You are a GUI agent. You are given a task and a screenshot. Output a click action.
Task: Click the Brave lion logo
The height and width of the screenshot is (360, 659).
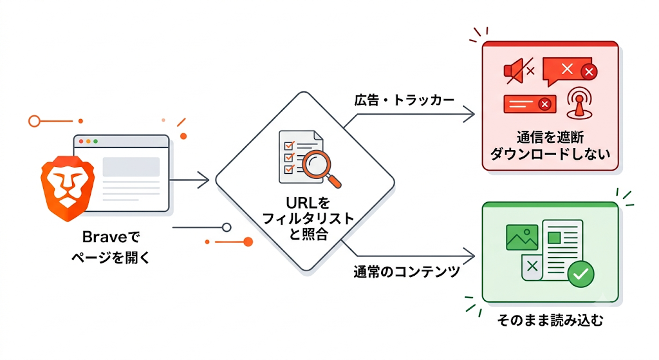(x=67, y=188)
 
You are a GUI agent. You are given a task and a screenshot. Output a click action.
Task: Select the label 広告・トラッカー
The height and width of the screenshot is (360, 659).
(x=404, y=100)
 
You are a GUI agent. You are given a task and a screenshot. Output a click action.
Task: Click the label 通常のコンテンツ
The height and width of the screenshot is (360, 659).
(x=407, y=272)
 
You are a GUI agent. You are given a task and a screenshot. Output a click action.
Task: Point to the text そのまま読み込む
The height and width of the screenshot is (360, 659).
(x=550, y=321)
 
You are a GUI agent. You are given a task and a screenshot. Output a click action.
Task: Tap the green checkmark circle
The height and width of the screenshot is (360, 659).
(x=580, y=274)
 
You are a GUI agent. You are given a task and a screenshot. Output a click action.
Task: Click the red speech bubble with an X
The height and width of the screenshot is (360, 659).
(x=570, y=71)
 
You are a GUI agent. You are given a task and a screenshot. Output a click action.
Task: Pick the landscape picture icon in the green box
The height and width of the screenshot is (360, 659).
(x=522, y=237)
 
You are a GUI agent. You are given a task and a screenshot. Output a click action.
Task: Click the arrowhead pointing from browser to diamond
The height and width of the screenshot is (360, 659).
(x=203, y=180)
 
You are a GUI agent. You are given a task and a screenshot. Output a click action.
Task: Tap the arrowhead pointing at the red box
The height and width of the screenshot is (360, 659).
(x=469, y=113)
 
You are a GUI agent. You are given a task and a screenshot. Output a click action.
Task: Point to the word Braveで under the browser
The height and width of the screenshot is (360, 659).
(x=111, y=237)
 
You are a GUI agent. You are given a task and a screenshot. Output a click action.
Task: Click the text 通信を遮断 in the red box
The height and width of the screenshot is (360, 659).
(x=550, y=137)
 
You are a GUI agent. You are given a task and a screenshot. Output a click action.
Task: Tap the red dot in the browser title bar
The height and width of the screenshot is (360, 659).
(x=81, y=141)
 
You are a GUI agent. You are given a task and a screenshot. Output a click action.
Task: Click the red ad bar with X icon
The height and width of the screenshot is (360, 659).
(x=530, y=104)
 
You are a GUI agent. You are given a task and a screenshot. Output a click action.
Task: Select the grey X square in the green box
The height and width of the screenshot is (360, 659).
(x=532, y=267)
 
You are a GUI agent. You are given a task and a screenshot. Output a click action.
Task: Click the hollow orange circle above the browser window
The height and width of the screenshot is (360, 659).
(x=34, y=121)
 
